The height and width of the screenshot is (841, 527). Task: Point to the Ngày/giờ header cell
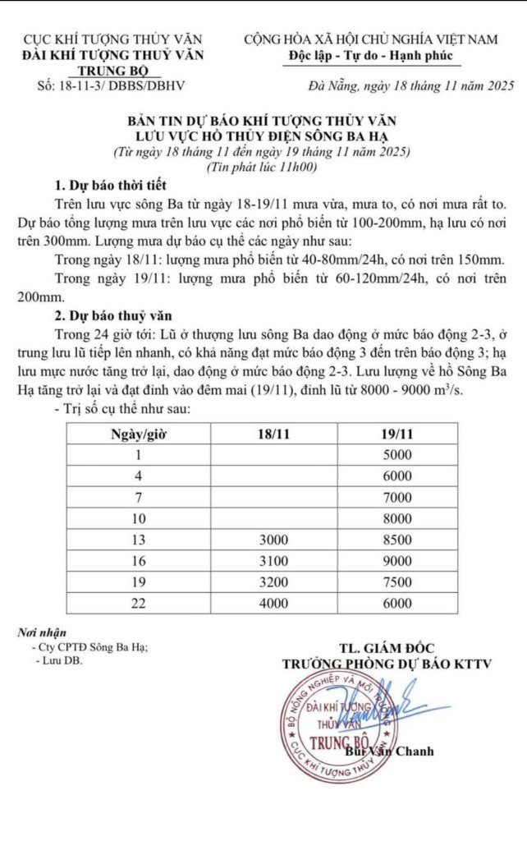[139, 434]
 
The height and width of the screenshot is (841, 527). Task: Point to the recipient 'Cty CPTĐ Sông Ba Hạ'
[89, 647]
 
